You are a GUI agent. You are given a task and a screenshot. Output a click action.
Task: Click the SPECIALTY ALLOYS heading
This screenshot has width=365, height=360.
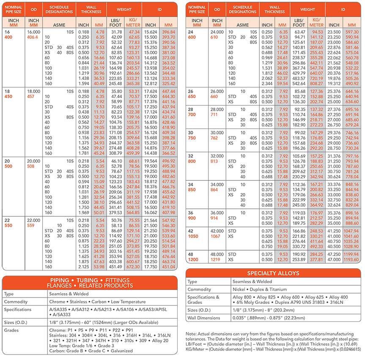pos(273,273)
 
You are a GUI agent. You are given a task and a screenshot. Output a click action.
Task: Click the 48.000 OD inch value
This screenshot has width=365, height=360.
pos(217,255)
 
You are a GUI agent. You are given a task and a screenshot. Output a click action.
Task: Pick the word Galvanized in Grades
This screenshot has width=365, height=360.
pos(119,351)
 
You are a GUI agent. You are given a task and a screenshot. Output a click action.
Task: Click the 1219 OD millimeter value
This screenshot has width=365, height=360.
pos(216,260)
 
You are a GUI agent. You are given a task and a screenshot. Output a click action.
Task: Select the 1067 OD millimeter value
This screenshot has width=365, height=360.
pos(216,237)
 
